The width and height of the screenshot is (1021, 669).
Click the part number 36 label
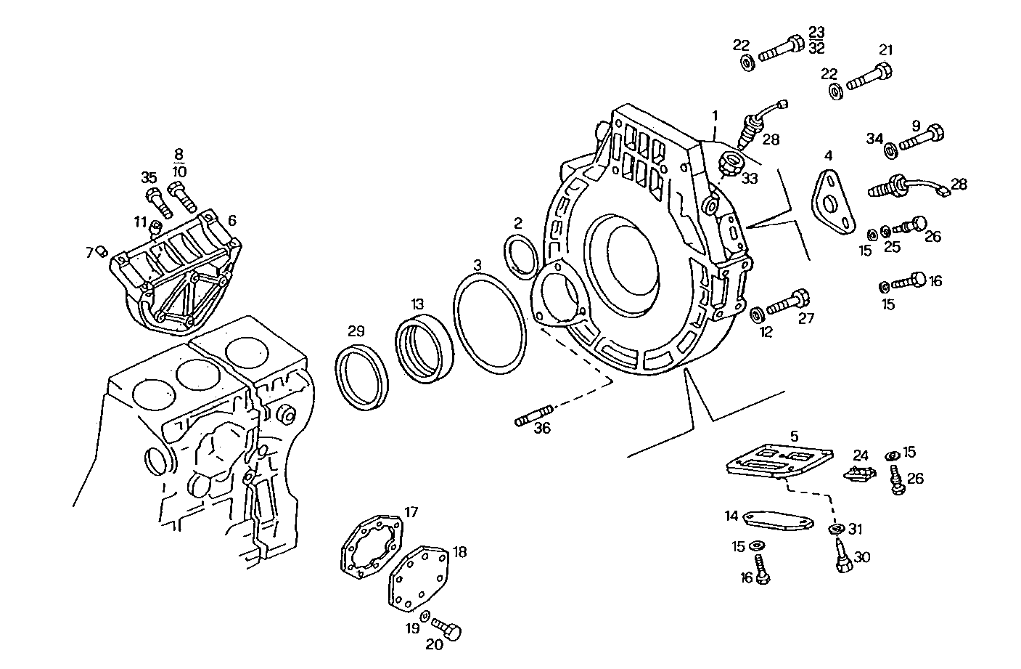(542, 429)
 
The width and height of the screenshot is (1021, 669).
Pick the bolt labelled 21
(869, 76)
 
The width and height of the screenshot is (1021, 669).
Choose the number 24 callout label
(861, 455)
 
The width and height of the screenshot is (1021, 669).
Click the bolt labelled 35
(157, 202)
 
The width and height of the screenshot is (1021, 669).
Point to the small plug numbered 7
(102, 251)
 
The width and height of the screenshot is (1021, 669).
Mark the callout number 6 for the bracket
(231, 220)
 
